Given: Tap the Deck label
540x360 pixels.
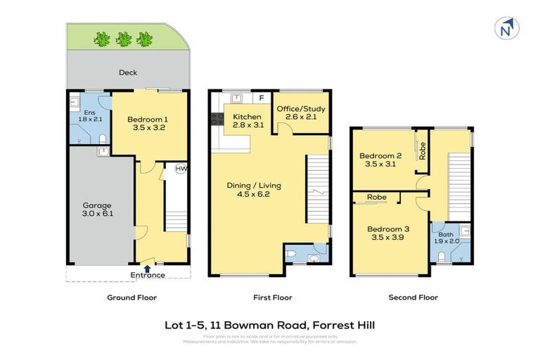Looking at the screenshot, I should [128, 72].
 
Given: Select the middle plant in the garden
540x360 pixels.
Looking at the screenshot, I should [124, 39].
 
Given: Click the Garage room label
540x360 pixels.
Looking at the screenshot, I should [96, 206].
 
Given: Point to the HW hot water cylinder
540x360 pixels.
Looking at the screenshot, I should [181, 169].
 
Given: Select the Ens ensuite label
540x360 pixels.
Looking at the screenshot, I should [89, 112].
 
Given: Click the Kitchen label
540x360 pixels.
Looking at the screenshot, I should [247, 117].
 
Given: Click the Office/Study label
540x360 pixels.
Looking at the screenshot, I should [300, 109].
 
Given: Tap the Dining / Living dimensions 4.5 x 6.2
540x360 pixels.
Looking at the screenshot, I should [253, 194].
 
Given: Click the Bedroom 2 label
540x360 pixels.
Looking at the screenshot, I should [380, 155].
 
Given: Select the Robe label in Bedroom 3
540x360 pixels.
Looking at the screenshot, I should [376, 198].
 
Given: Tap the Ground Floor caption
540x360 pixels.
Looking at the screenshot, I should [131, 297].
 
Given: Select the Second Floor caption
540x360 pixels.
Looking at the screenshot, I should [413, 297].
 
